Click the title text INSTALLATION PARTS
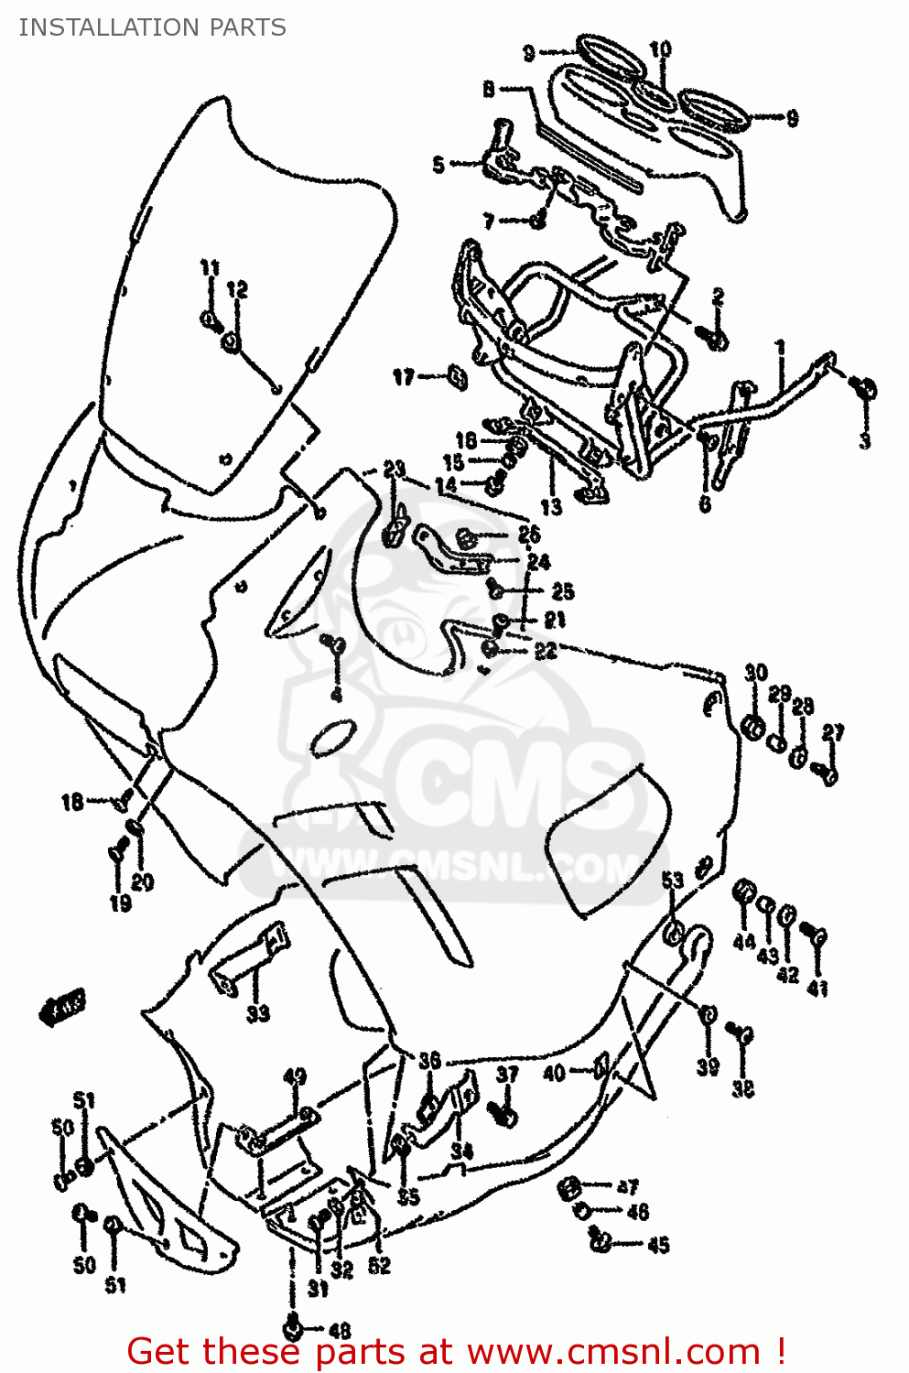152,27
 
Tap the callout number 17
404,377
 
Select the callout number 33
258,1013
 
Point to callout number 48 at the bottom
339,1331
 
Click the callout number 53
673,881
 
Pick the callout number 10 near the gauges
660,49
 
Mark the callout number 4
337,695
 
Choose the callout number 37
507,1074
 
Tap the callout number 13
551,507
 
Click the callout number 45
658,1245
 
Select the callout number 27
832,732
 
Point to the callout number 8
489,89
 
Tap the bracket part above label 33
252,957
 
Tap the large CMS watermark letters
513,778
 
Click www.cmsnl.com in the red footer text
613,1352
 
